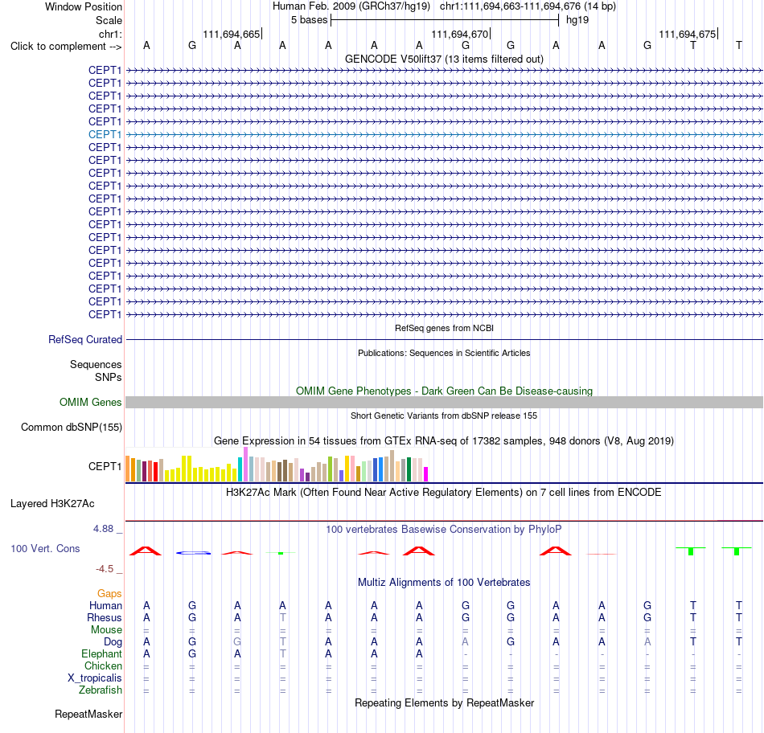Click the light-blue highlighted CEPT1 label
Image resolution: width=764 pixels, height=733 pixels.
click(x=105, y=134)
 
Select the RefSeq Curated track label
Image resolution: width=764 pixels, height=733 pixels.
click(x=85, y=339)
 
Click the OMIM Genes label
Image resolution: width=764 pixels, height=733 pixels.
click(x=91, y=403)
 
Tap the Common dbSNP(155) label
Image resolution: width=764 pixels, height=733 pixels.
click(x=72, y=427)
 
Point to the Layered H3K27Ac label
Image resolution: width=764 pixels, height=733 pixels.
click(x=52, y=504)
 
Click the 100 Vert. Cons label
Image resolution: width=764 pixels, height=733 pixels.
click(x=45, y=548)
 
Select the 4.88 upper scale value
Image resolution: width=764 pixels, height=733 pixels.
click(x=103, y=529)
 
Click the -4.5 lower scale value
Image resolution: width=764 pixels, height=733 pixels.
click(x=105, y=569)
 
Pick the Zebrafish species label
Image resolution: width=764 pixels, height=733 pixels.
click(x=101, y=690)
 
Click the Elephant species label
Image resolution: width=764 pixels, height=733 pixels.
click(x=102, y=653)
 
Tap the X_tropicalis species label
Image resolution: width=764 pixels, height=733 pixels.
click(x=95, y=678)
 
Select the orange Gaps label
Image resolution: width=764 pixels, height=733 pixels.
click(x=109, y=593)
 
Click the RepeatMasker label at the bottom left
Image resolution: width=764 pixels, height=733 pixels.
click(x=88, y=714)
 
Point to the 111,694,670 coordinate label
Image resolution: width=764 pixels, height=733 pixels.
click(x=459, y=34)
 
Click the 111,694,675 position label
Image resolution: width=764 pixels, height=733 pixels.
click(x=687, y=34)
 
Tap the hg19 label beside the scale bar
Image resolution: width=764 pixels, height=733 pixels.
click(x=577, y=20)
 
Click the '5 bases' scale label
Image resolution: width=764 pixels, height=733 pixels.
click(x=310, y=20)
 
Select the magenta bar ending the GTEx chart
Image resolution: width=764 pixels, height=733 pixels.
click(x=426, y=474)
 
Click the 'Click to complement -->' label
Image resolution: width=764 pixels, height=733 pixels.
click(x=66, y=47)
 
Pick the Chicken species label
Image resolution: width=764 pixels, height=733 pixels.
click(x=103, y=665)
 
